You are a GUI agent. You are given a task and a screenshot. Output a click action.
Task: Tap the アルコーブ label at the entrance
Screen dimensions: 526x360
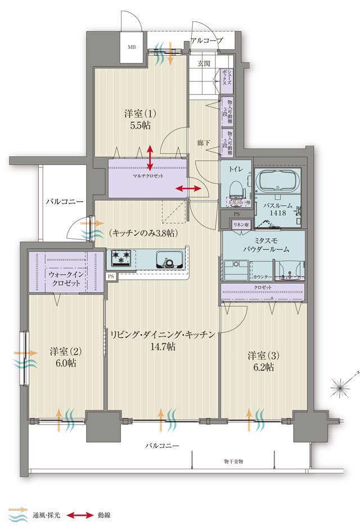(207, 40)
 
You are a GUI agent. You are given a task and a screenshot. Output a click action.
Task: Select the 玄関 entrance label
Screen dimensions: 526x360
(204, 64)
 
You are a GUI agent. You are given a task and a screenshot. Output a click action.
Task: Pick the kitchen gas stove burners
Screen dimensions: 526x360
(120, 258)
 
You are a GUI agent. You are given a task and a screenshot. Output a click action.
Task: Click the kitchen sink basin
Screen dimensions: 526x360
(167, 260)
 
